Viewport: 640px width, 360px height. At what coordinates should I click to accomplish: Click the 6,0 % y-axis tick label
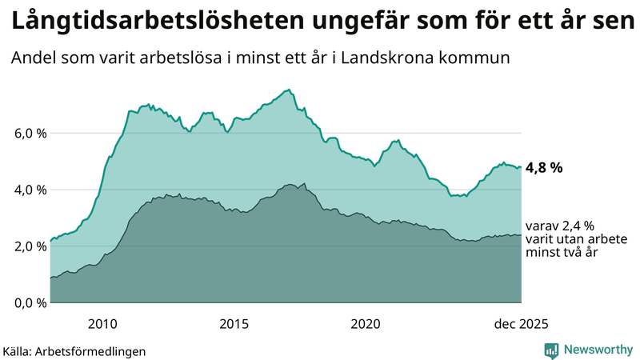(25, 133)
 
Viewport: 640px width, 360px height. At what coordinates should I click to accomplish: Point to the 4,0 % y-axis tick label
(25, 190)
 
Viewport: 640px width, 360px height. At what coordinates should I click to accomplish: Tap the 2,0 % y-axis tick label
(25, 246)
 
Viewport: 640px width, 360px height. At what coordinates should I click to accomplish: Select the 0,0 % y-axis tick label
(25, 303)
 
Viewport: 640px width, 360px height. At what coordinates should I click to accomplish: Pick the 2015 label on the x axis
(234, 324)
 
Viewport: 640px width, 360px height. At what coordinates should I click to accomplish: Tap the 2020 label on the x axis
(366, 324)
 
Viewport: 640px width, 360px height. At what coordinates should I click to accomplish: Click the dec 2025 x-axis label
(521, 324)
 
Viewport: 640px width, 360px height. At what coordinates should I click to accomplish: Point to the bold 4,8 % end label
(544, 168)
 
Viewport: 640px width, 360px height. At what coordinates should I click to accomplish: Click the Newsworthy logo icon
(551, 350)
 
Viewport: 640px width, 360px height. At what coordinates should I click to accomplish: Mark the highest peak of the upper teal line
(289, 90)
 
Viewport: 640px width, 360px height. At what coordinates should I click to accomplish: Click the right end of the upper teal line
(521, 167)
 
